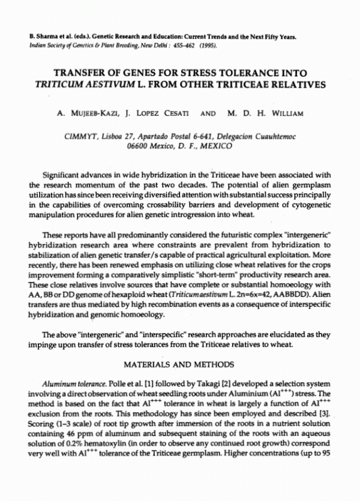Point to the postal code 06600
142,146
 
